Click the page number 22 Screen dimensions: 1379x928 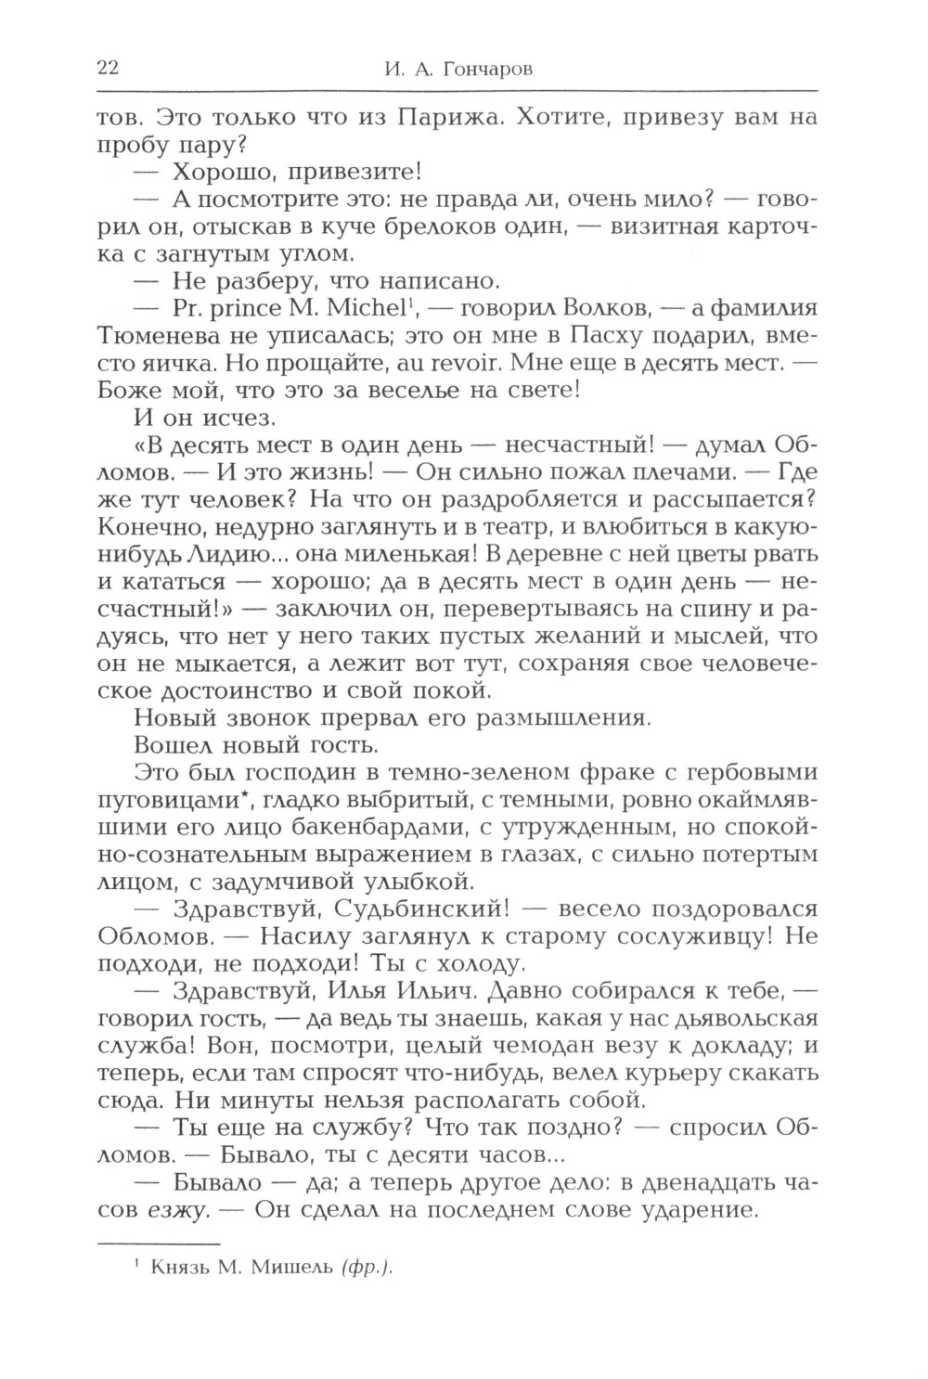(x=105, y=68)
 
